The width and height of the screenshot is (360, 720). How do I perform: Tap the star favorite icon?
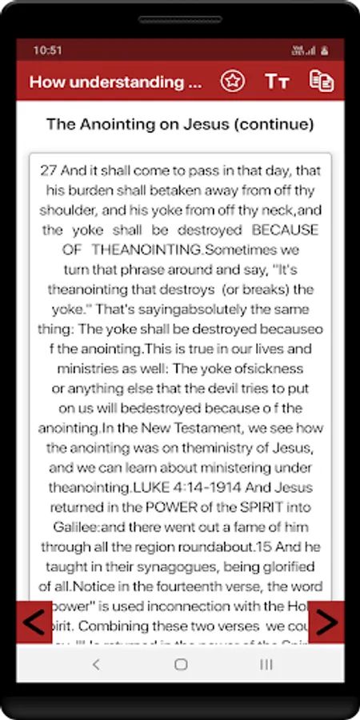click(x=232, y=82)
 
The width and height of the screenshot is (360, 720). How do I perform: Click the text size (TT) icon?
click(x=277, y=82)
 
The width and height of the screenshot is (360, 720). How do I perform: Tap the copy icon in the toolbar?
click(x=322, y=82)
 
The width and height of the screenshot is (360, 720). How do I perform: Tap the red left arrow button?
click(x=34, y=622)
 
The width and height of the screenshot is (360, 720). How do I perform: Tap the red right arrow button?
click(x=326, y=622)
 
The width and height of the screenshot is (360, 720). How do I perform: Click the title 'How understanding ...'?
click(x=115, y=82)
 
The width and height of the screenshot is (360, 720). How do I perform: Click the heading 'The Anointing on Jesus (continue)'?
click(x=180, y=125)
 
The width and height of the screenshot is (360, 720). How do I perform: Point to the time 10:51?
click(x=47, y=50)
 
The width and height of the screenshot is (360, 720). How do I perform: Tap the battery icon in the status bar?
click(x=324, y=50)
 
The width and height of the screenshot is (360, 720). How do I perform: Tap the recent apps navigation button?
click(x=266, y=664)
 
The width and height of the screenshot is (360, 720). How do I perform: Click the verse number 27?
click(x=48, y=170)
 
